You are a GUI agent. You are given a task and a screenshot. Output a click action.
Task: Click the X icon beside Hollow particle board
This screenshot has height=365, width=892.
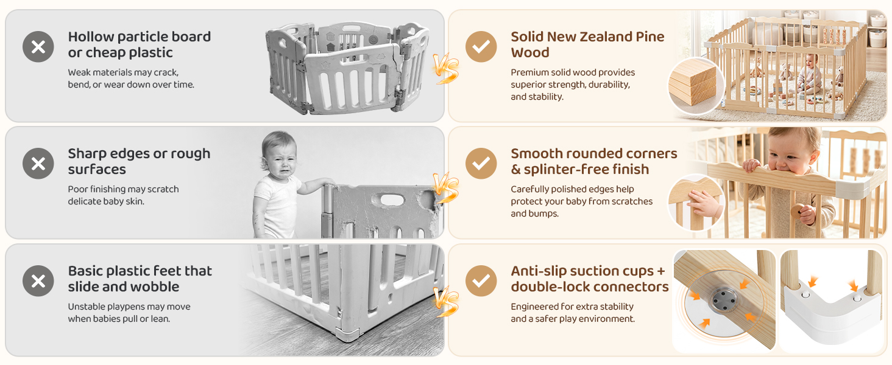coord(38,46)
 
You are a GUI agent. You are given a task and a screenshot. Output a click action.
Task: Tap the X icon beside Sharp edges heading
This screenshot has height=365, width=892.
coord(38,164)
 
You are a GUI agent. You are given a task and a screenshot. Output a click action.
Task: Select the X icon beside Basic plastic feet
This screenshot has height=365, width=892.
coord(38,280)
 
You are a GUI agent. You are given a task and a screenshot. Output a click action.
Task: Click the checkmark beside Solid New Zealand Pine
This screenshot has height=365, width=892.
coord(481,46)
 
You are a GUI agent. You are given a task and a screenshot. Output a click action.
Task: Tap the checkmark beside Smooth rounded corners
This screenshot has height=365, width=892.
coord(481,164)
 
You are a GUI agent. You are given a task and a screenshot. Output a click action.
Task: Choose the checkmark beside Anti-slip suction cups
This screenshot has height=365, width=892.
coord(481,280)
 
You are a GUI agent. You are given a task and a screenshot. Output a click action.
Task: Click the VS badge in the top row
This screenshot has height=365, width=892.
coord(446,68)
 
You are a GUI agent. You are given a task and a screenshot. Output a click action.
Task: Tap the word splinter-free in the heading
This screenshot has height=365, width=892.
coord(566,169)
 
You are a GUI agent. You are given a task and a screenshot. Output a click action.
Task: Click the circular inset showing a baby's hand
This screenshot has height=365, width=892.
coord(696,203)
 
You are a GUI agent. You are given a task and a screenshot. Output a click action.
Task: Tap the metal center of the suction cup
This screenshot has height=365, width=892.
coord(723,299)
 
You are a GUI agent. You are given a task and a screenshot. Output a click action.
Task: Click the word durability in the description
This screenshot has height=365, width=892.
coord(609,85)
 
